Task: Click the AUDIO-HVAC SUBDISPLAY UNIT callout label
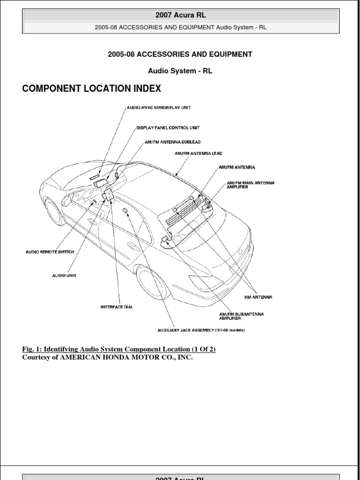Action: (x=158, y=107)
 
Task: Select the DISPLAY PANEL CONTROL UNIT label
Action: (x=170, y=127)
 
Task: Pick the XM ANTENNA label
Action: (x=258, y=297)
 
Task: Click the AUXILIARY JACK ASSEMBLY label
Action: (x=201, y=330)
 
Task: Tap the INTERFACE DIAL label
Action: (x=117, y=307)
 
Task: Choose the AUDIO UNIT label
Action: (x=64, y=276)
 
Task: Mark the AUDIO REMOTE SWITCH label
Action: (x=49, y=252)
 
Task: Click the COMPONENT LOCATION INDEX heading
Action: (x=92, y=89)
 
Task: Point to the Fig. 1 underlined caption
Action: (x=119, y=349)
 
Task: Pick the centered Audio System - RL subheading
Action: (x=180, y=71)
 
